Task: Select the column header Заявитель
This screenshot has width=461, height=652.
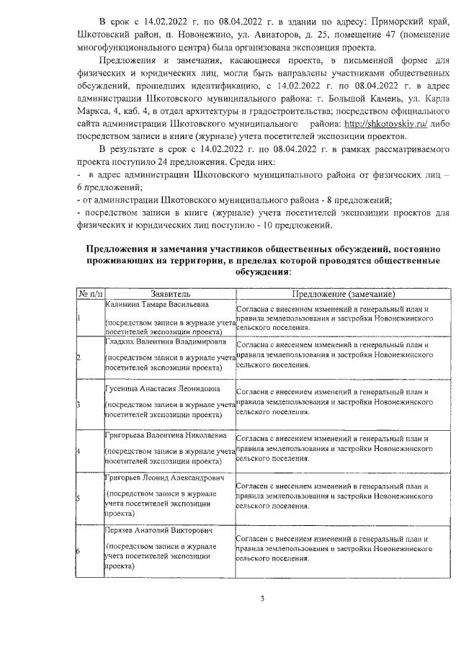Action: click(x=170, y=294)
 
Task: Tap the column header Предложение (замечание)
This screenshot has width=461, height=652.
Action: click(x=343, y=294)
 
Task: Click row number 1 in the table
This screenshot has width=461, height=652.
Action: click(x=79, y=318)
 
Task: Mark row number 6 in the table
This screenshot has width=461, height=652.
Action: click(x=79, y=551)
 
